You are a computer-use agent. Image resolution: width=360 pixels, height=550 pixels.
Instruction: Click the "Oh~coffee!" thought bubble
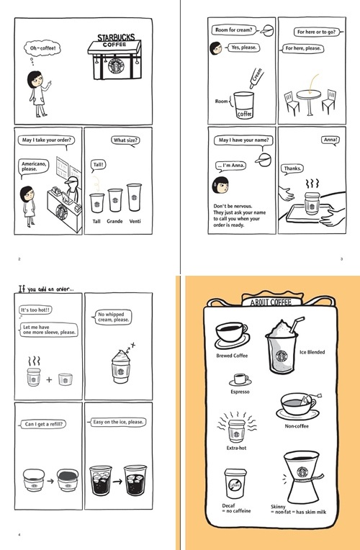tap(42, 48)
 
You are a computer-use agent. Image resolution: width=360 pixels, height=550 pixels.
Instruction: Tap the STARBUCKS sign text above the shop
tap(116, 38)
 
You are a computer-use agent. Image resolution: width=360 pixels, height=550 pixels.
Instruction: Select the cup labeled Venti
tap(134, 197)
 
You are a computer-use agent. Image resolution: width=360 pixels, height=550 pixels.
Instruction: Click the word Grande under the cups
tap(114, 221)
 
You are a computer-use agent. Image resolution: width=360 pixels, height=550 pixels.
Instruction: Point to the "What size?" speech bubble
tap(125, 140)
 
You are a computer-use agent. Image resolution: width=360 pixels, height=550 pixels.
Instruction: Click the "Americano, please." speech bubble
tap(33, 166)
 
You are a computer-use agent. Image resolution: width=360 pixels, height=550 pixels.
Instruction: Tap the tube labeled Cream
tap(256, 78)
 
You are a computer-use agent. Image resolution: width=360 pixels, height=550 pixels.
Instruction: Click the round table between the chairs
tap(309, 99)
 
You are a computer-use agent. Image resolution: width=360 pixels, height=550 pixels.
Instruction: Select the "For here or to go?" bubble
tap(317, 32)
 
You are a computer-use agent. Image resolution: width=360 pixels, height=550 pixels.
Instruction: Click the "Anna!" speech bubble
tap(330, 140)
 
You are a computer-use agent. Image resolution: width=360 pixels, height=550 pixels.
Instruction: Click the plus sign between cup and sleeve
tap(49, 379)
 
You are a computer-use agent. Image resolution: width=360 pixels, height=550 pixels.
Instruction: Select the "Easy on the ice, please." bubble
tap(118, 422)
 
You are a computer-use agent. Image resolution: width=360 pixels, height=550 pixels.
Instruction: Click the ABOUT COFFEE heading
tap(271, 302)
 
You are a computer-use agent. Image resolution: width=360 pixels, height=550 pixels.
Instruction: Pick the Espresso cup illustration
tap(240, 379)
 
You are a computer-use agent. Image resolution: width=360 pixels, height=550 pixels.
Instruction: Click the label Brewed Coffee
tap(232, 356)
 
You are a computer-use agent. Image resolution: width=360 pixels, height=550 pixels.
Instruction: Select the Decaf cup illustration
tap(235, 483)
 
